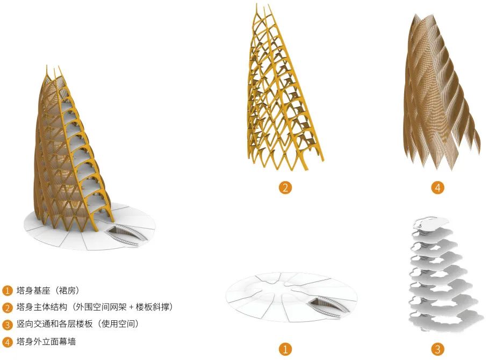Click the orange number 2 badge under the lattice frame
(285, 188)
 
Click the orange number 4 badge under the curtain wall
(437, 188)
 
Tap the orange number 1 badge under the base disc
(285, 349)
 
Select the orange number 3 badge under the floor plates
(437, 349)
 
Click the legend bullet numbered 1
(7, 291)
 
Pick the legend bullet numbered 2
(7, 307)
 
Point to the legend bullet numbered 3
(7, 325)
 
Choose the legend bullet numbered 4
(7, 342)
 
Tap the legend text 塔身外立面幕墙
(46, 341)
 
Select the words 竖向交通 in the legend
(33, 324)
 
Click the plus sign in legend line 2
(131, 307)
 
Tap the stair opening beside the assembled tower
(126, 235)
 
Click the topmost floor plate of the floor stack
(432, 223)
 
